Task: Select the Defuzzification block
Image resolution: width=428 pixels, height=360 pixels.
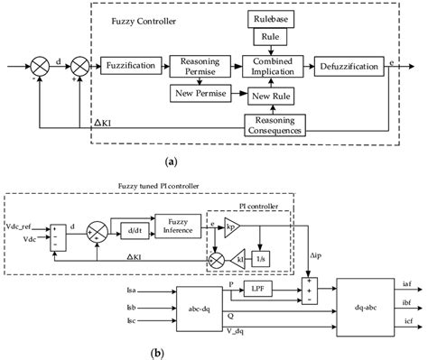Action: tap(348, 66)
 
